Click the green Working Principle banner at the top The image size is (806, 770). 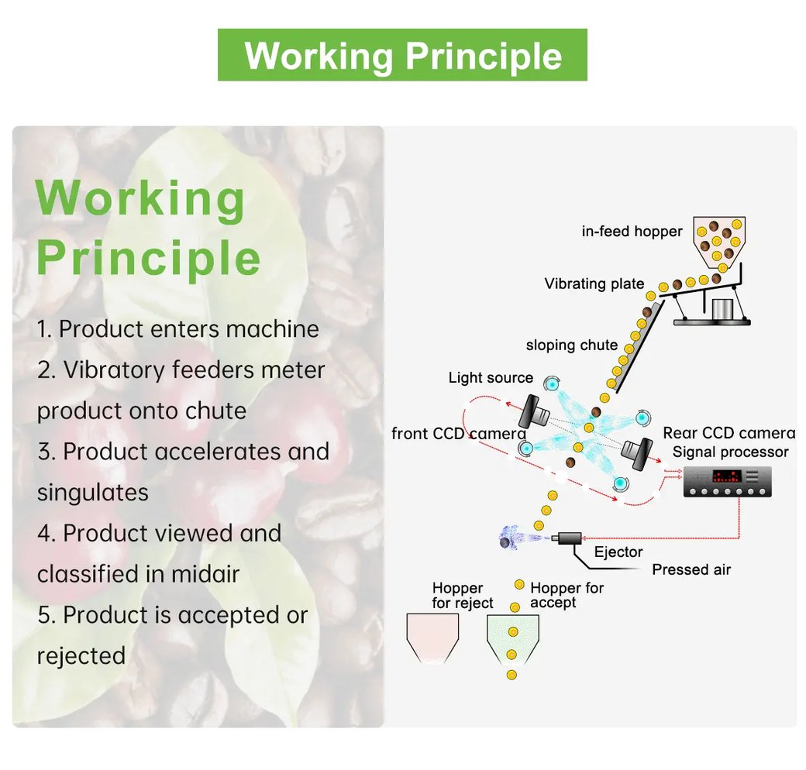coord(402,54)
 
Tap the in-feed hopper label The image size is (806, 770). coord(632,231)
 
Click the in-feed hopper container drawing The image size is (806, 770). coord(719,242)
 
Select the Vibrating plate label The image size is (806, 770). coord(594,284)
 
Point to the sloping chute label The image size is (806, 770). coord(572,345)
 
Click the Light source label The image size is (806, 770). coord(491,377)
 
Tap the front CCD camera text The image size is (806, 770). coord(459,434)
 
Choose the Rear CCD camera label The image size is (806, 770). coord(729,432)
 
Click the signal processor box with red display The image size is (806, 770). coord(728,481)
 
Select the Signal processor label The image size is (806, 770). coord(730,452)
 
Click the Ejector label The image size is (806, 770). coord(618,552)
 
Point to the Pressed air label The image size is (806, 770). coord(691,569)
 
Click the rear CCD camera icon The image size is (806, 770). coord(637,452)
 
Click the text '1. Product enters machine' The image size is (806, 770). coord(177,328)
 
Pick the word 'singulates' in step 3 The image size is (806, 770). coord(92,492)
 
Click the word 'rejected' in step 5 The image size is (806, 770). coord(81,656)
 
